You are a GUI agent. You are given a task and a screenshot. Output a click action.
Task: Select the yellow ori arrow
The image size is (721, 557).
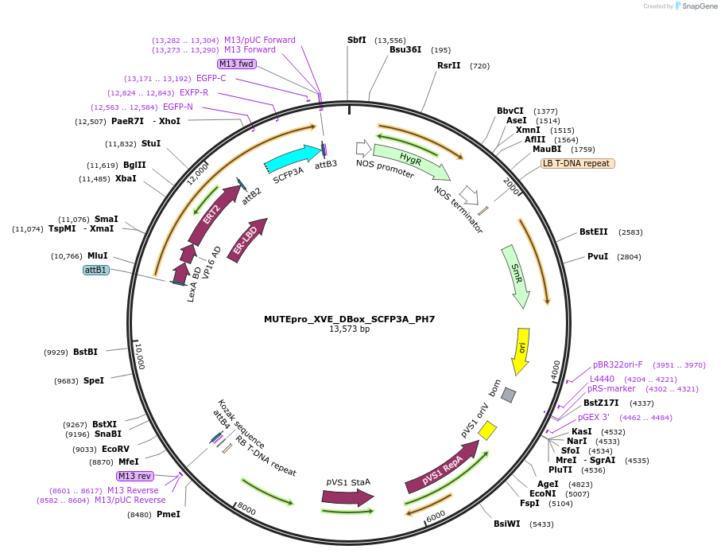point(521,351)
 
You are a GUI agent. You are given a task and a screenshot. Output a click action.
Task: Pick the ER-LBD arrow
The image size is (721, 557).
point(247,240)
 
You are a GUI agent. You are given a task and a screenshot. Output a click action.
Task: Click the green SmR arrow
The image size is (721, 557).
point(516,276)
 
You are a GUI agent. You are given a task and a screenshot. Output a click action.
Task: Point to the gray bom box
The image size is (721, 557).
point(508,395)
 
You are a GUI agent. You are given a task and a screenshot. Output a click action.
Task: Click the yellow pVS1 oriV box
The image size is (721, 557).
point(487,430)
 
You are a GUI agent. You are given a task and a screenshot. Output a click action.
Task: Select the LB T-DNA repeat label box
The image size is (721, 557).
point(578,163)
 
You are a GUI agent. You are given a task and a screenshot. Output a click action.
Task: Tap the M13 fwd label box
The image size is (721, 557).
point(236,64)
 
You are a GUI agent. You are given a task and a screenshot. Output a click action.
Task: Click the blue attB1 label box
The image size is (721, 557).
point(96,270)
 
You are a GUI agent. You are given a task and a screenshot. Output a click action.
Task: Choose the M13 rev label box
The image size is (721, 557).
point(134,476)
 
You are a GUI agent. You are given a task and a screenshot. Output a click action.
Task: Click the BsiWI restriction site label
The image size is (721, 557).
point(506,524)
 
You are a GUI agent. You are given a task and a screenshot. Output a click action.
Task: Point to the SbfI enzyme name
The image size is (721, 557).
point(357,40)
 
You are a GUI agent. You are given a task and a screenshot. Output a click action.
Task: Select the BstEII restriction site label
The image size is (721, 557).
point(593,232)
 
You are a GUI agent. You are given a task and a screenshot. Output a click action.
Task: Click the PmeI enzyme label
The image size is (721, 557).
point(169,514)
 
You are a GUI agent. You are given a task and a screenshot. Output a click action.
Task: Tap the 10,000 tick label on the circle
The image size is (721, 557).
point(140,356)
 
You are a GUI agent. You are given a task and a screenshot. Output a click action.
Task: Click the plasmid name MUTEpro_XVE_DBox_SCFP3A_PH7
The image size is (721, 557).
point(350,319)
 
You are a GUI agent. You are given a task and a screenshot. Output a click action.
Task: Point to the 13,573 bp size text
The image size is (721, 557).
point(350,329)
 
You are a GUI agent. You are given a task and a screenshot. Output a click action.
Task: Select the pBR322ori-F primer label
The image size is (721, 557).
point(618,364)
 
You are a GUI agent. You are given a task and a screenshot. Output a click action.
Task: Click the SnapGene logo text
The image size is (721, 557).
point(699,6)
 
